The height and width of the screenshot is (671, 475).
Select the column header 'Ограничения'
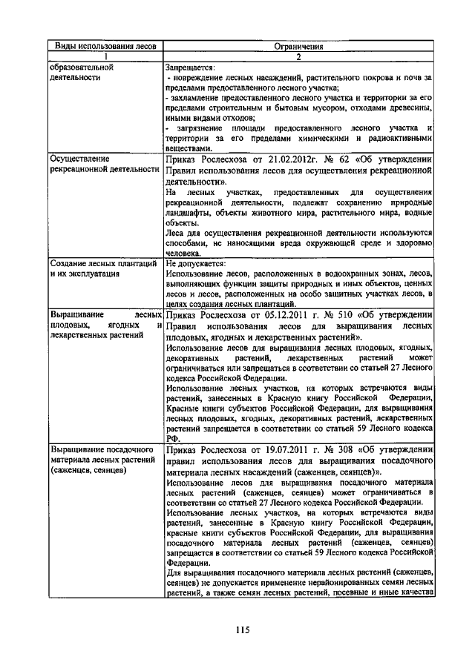tap(298, 46)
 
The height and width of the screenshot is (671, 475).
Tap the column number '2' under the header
tap(298, 56)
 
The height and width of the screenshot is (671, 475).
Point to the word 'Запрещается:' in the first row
tap(190, 67)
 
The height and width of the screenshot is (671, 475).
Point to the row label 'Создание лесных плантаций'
tap(102, 263)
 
